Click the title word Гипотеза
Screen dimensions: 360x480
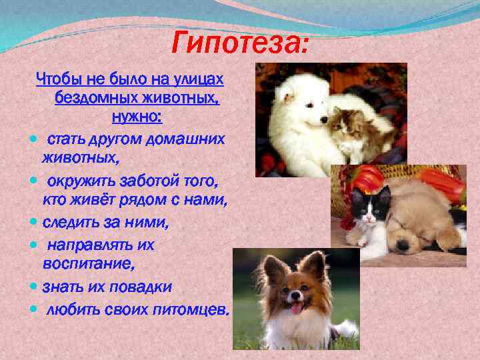[x=240, y=44]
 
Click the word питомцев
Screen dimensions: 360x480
[x=197, y=309]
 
